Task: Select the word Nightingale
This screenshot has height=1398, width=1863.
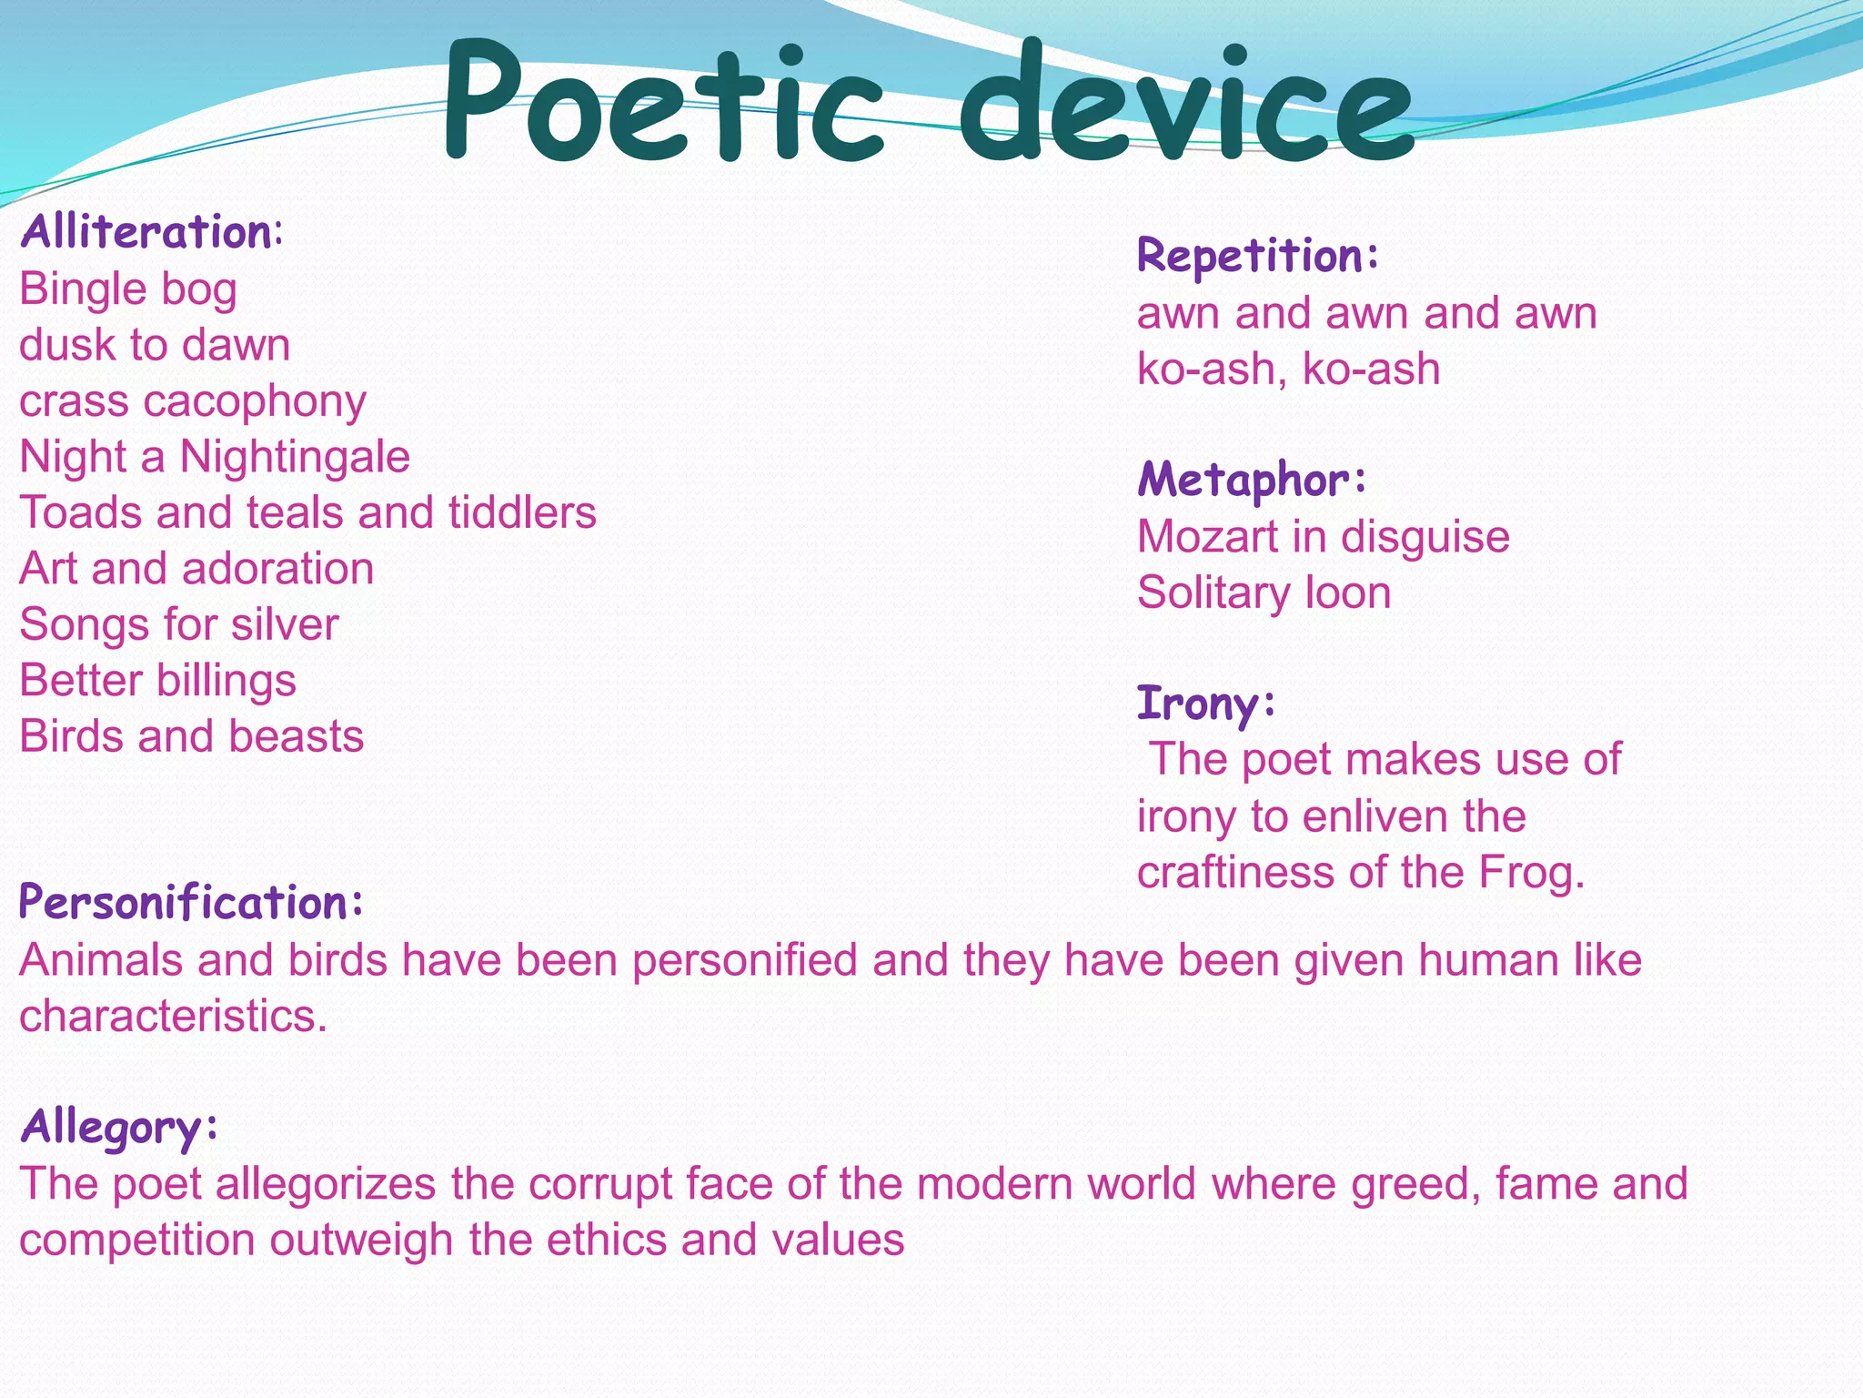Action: [295, 456]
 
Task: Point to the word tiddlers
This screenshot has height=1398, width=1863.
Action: [522, 512]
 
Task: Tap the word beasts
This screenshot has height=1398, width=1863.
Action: [296, 736]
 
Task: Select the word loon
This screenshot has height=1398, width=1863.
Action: [1348, 593]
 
